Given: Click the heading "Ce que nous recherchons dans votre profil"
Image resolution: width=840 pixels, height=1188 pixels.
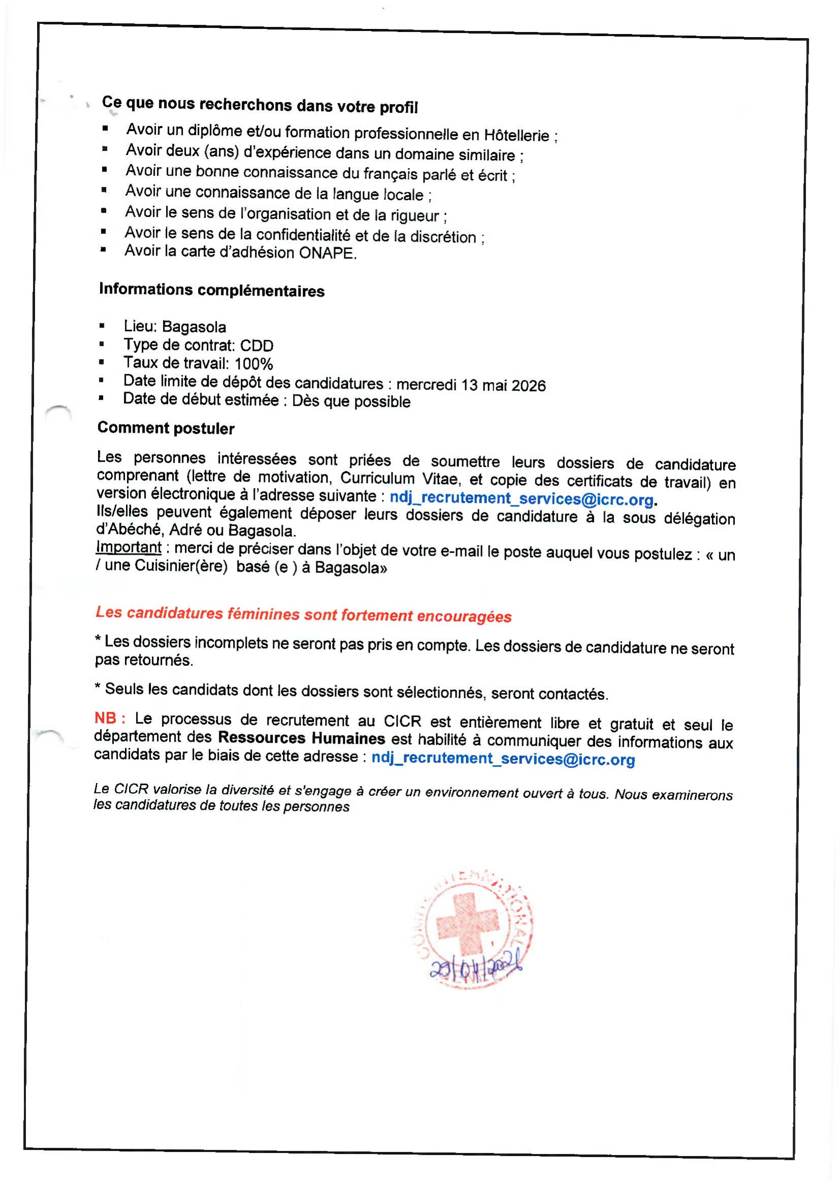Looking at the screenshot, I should pos(260,105).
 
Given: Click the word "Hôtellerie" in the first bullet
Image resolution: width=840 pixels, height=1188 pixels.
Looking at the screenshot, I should pos(516,135).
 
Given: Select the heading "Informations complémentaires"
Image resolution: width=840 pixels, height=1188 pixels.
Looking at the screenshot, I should pos(212,290).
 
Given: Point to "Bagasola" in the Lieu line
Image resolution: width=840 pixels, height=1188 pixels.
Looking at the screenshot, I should pos(194,327).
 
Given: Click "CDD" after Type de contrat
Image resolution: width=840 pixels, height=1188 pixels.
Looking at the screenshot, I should pos(256,345).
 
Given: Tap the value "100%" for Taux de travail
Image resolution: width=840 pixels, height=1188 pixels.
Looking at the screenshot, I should pos(253,364).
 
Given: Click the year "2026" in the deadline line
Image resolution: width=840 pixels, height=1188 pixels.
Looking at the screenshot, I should pos(528,386).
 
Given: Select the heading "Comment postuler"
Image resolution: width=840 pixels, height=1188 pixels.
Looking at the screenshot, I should pos(166,428).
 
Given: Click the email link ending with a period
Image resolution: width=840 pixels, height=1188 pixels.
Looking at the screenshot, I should pos(522,499).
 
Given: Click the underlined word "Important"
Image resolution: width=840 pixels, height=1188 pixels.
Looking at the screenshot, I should pos(128,547).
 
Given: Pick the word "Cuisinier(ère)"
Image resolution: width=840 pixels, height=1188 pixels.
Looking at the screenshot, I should pos(181,565).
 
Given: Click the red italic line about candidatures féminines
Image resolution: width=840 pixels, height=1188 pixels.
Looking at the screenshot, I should pos(303,614).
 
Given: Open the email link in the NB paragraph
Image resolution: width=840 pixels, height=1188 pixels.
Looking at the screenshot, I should pos(503,758).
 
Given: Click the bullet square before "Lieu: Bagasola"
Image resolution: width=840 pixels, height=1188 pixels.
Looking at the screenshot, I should pos(102,326).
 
